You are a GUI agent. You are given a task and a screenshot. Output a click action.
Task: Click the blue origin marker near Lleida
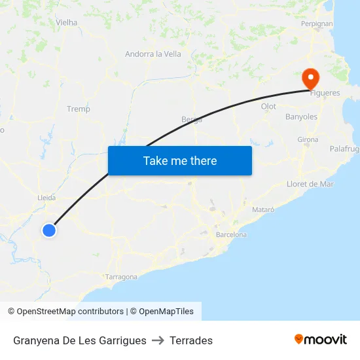49,230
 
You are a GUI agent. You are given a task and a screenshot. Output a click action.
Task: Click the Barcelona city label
231,234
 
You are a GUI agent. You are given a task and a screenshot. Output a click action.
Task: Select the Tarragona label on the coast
121,277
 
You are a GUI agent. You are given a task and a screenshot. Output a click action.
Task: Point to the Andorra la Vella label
153,54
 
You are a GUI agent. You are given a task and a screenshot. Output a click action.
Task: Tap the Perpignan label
317,24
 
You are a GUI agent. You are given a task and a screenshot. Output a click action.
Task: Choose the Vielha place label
67,22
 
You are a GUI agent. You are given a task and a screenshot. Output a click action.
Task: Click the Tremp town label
79,109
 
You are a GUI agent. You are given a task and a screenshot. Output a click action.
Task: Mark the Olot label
268,106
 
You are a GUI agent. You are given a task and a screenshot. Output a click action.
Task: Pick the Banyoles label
301,117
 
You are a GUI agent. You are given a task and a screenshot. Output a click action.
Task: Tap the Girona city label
308,139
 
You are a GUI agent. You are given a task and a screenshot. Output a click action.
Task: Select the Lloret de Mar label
310,184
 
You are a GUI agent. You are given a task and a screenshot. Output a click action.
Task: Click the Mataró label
263,209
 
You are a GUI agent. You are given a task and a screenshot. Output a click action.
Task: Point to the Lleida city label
46,197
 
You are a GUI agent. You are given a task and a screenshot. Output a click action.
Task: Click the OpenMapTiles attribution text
166,312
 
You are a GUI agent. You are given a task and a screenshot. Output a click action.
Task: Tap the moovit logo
321,340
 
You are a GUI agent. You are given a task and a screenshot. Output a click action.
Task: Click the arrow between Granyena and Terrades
158,340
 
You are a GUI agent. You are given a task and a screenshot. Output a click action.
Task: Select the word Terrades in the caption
191,340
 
